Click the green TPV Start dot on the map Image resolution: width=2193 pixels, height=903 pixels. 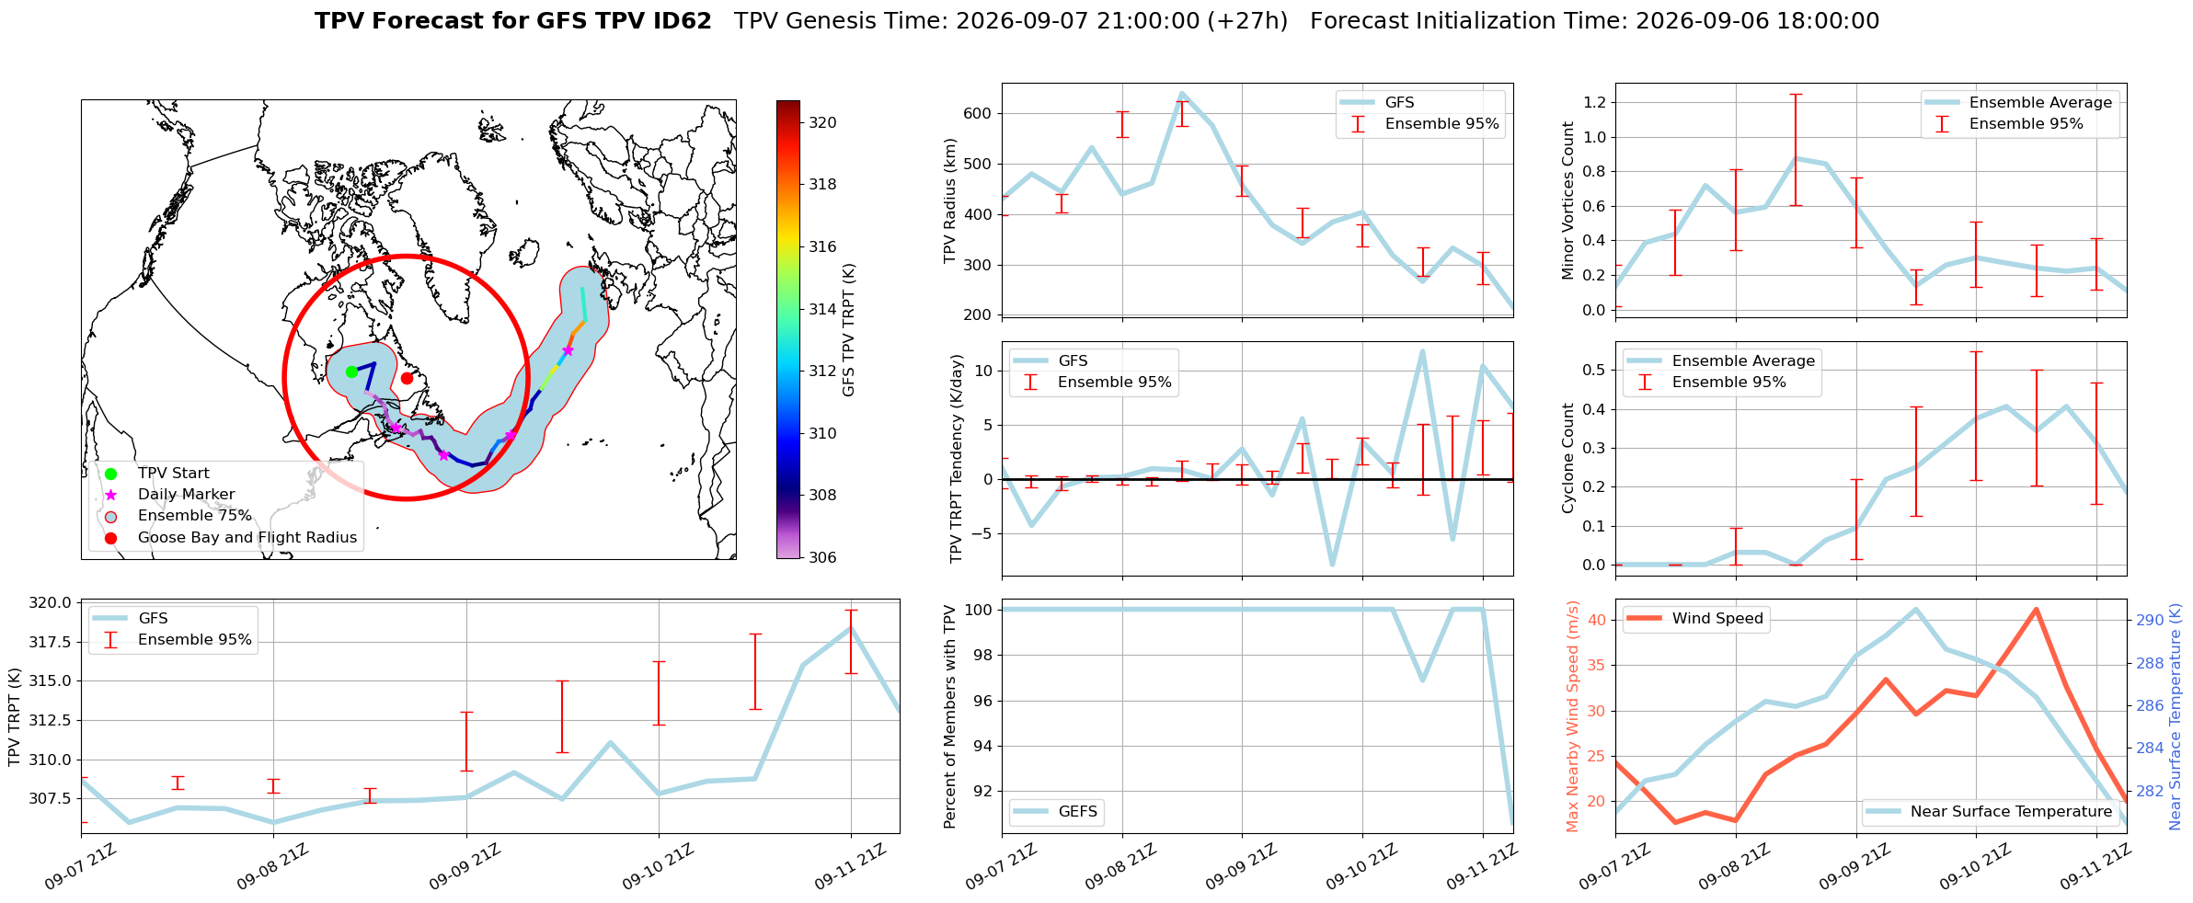tap(351, 371)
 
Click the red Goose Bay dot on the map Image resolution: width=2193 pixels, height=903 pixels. tap(407, 378)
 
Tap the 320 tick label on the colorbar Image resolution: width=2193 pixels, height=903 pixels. tap(822, 122)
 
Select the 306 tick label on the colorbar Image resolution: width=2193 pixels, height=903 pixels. tap(822, 557)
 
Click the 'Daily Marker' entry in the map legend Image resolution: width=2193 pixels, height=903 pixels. tap(186, 495)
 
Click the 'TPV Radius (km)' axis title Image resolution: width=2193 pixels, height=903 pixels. tap(950, 200)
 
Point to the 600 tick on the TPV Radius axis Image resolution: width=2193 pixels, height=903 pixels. tap(978, 114)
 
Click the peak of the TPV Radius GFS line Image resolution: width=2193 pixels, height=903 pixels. tap(1182, 93)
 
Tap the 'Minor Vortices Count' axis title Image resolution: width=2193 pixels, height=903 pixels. tap(1567, 200)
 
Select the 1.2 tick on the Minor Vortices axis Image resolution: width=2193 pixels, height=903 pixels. tap(1594, 102)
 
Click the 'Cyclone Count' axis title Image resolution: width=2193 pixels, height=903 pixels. tap(1567, 458)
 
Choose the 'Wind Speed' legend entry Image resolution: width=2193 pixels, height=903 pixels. tap(1717, 619)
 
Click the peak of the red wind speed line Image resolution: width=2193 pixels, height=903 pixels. tap(2036, 609)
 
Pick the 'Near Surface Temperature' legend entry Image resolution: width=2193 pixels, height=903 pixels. tap(2011, 812)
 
